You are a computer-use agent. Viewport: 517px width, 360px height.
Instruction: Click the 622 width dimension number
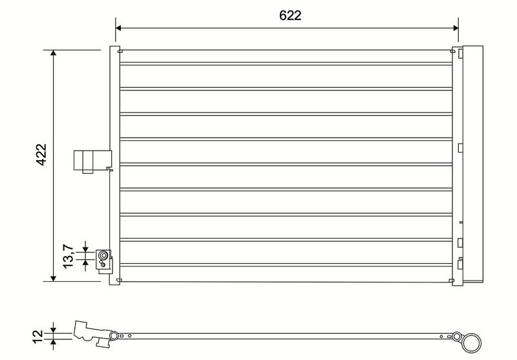tap(290, 16)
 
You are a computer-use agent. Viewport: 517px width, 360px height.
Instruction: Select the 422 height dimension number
tap(41, 154)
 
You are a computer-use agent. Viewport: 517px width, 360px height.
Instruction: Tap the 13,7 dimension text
tap(68, 256)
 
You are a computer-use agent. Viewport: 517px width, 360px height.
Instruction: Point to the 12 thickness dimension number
tap(38, 336)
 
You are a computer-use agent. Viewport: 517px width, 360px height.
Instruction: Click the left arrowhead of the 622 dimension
tap(119, 28)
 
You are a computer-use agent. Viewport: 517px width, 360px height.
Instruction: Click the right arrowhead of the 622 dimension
tap(456, 28)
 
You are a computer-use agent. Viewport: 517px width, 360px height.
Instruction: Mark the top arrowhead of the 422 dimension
tap(54, 54)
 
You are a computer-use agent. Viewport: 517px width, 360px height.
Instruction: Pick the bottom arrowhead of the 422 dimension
tap(54, 278)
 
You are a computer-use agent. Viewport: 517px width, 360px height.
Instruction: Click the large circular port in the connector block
tap(103, 255)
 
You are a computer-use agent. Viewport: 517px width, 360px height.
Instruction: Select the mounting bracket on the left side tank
tap(92, 161)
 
